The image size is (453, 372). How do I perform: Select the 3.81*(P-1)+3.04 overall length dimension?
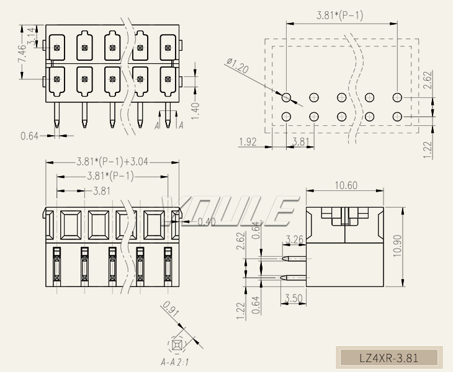pyautogui.click(x=112, y=162)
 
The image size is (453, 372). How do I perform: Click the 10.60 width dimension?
pyautogui.click(x=345, y=185)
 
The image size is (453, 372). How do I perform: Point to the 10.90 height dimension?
pyautogui.click(x=415, y=247)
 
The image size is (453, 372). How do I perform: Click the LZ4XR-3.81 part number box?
pyautogui.click(x=389, y=358)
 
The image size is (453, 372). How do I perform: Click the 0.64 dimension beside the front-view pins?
pyautogui.click(x=30, y=135)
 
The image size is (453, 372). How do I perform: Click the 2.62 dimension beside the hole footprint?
pyautogui.click(x=427, y=79)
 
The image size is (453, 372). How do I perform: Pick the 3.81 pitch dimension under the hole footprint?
pyautogui.click(x=300, y=142)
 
